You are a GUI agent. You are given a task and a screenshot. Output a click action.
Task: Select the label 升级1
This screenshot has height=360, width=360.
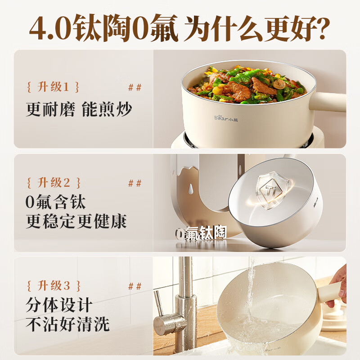pos(53,87)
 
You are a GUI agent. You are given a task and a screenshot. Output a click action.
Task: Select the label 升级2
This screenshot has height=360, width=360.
pos(54,183)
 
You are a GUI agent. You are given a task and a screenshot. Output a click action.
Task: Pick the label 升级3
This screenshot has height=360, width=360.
pos(54,286)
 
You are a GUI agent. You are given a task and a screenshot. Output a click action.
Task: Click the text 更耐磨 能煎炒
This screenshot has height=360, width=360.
pos(79,109)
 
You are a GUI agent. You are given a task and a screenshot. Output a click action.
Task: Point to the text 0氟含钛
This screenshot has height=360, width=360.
pos(55,202)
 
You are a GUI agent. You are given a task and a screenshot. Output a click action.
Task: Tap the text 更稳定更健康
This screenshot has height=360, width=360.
pos(76,221)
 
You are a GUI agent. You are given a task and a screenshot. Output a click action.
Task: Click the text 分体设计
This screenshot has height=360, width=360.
pos(59,305)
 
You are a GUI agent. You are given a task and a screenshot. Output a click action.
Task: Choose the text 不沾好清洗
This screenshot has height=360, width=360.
pos(67,324)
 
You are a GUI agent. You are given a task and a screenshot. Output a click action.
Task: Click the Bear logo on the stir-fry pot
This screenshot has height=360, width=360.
pos(226,118)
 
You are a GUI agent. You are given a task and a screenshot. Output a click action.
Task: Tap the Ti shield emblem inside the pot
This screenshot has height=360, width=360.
pos(272,190)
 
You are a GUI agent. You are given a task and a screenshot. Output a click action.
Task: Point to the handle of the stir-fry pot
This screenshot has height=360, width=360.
pos(328,102)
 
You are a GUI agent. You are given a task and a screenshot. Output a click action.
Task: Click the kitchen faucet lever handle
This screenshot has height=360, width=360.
pos(159,303)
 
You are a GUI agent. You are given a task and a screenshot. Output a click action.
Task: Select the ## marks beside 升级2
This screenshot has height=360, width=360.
pos(135,183)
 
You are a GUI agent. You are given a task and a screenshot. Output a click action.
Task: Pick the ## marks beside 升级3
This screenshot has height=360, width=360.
pos(135,286)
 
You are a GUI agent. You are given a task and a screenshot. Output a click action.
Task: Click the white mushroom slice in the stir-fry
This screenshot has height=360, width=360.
pos(279,84)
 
